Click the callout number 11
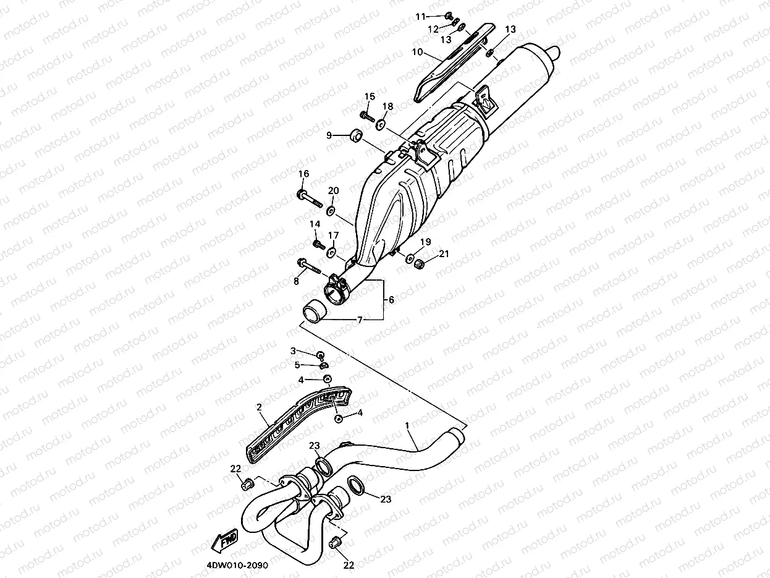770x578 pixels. point(438,16)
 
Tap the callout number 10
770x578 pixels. point(417,53)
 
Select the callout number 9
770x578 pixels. point(330,135)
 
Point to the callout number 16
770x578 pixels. point(303,174)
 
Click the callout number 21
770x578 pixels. point(444,253)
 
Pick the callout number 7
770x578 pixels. point(360,320)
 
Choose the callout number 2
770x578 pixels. point(260,407)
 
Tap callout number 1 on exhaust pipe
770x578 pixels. point(407,426)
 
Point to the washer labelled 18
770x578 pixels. point(381,124)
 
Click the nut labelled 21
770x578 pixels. point(420,263)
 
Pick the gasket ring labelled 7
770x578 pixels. point(313,308)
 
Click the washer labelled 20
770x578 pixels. point(332,211)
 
